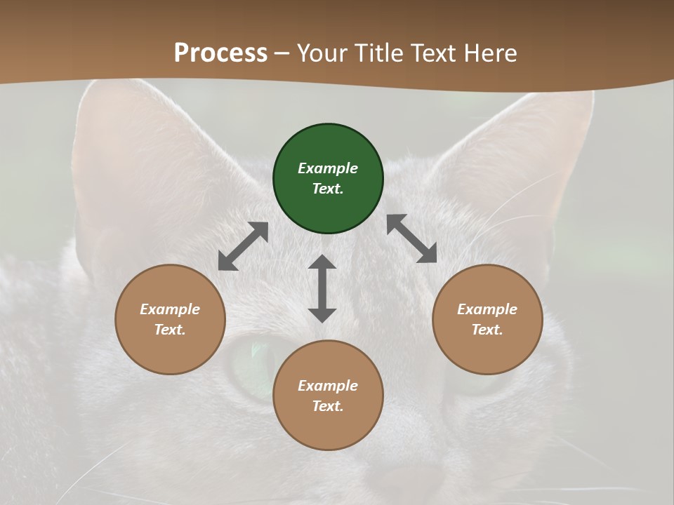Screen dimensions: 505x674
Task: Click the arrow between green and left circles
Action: click(x=243, y=246)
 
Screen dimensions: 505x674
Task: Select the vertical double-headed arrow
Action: click(x=322, y=288)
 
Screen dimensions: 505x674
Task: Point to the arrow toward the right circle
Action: click(x=412, y=238)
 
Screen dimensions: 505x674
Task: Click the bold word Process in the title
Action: click(x=220, y=53)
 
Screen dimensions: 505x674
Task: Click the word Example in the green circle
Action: click(x=328, y=168)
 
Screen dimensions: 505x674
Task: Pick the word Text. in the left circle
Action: click(x=170, y=330)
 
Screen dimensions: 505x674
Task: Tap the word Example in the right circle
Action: click(x=487, y=309)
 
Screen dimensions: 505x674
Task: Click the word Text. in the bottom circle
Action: click(x=328, y=406)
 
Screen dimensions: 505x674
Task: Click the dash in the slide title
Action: click(x=282, y=53)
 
